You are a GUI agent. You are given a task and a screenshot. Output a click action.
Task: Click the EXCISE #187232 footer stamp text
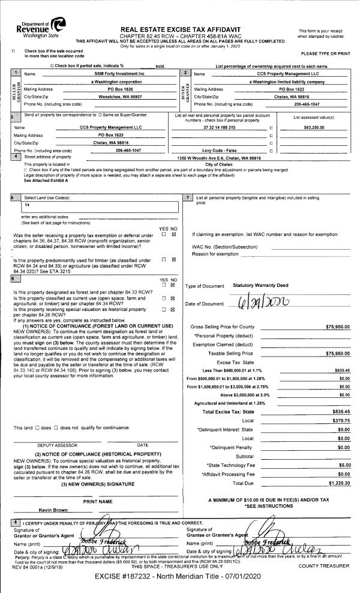(180, 577)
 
